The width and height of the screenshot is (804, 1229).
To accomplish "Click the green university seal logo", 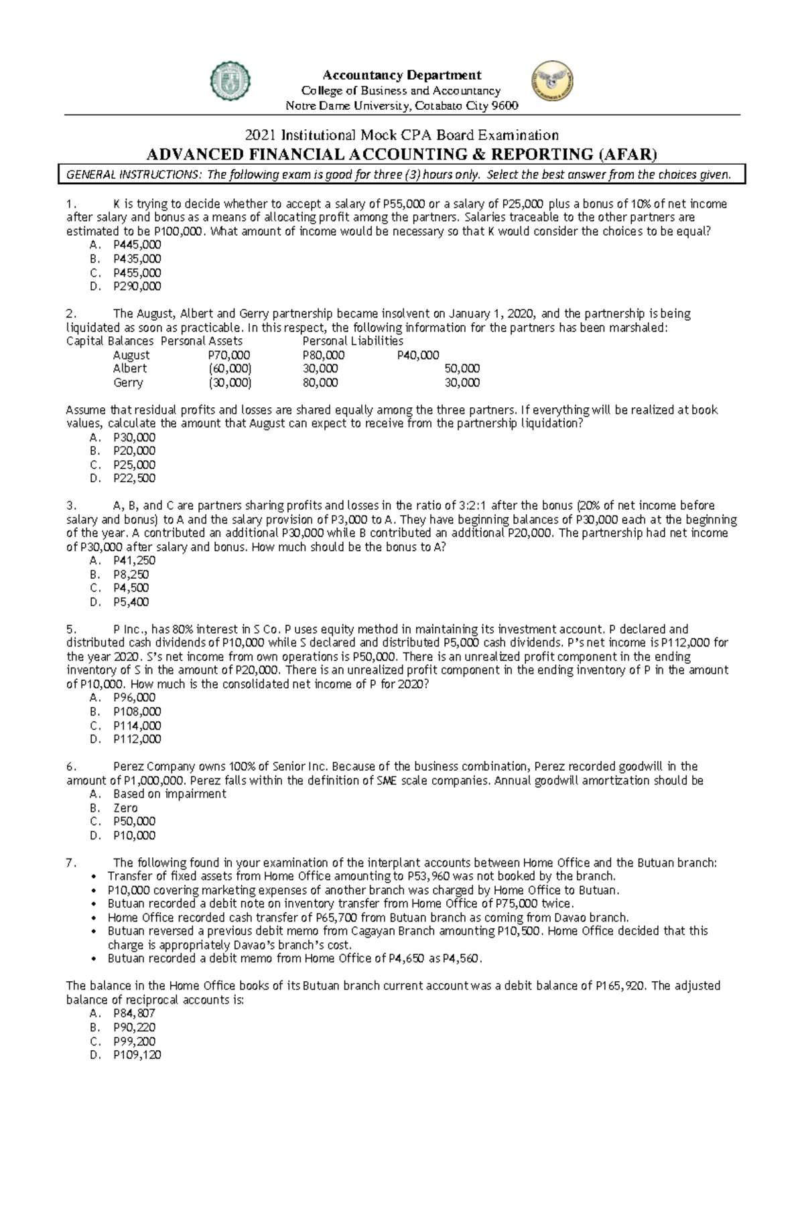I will [231, 82].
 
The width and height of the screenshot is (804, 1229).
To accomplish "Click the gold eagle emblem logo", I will [552, 81].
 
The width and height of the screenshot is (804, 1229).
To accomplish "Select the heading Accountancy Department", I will [402, 75].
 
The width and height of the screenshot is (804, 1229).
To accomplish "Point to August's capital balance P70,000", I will [228, 355].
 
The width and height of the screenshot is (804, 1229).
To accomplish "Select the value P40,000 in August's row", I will [418, 355].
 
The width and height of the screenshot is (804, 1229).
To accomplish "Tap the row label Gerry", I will [128, 382].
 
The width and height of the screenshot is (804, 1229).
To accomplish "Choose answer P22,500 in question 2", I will [134, 478].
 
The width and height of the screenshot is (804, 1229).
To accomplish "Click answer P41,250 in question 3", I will [134, 561].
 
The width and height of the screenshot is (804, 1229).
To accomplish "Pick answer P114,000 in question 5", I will [137, 725].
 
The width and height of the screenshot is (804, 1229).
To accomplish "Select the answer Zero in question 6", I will [125, 808].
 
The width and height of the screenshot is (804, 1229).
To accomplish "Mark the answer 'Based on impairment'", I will [170, 794].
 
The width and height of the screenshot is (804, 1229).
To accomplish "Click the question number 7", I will [71, 863].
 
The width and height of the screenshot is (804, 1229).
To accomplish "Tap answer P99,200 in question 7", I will [134, 1041].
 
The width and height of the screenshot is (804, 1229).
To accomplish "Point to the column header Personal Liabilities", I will [353, 341].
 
